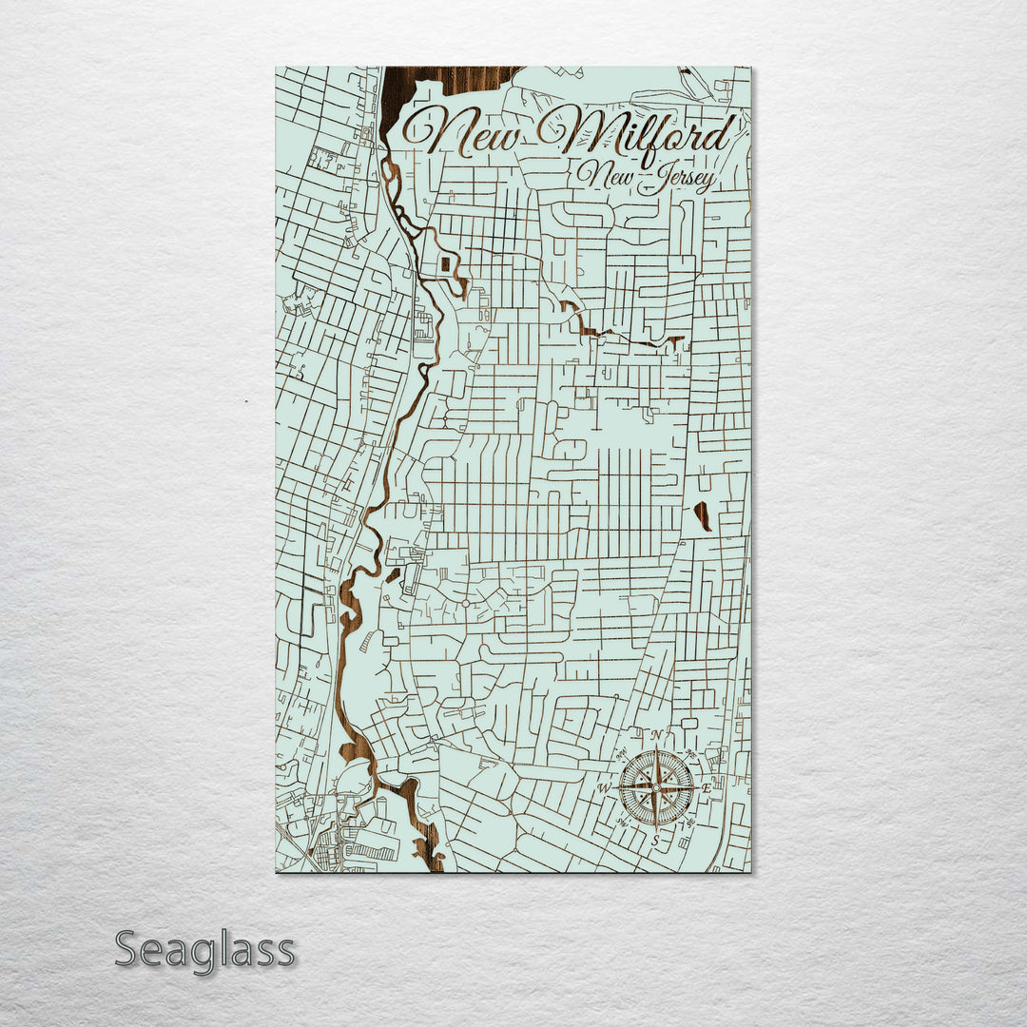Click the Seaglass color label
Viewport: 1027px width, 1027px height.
(204, 949)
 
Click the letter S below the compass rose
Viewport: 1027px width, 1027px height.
(654, 840)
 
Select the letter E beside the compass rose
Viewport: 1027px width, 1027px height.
(706, 788)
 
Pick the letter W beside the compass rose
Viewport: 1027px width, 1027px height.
(603, 788)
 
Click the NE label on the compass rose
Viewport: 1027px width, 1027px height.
(690, 753)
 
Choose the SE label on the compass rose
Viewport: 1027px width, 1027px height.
(689, 822)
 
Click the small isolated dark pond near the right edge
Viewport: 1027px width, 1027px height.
(703, 515)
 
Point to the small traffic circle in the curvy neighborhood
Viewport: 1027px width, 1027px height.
(465, 603)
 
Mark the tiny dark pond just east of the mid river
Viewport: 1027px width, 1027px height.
(392, 574)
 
